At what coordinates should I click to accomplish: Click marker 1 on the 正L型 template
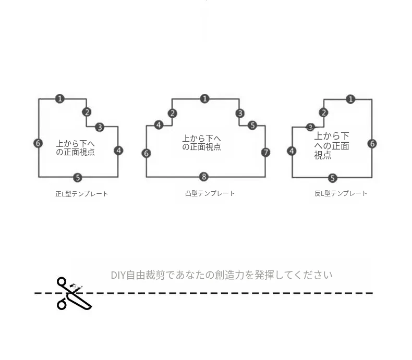coord(60,98)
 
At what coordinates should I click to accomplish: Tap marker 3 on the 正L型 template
coord(100,127)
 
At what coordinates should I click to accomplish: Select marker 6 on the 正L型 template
coord(38,143)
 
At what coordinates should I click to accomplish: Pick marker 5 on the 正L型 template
coord(78,178)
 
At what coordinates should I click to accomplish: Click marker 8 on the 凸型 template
coord(204,177)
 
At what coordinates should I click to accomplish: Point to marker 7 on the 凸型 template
coord(265,152)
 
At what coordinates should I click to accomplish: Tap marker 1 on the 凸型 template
coord(204,98)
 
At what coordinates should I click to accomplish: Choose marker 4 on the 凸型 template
coord(159,125)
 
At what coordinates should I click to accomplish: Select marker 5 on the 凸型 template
coord(252,125)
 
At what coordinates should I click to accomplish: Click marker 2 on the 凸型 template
coord(173,114)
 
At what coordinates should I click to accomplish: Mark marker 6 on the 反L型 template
coord(372,143)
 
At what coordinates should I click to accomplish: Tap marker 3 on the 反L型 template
coord(311,127)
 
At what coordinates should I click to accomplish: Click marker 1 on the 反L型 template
coord(350,99)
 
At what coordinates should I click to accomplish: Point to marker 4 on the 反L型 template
coord(292,151)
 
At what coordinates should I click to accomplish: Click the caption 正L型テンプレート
coord(82,194)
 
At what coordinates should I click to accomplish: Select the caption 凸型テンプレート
coord(210,193)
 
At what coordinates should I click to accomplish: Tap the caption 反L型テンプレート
coord(341,193)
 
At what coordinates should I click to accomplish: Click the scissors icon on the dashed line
coord(74,293)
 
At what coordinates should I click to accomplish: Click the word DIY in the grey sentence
coord(118,275)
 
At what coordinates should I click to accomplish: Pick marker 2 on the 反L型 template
coord(323,113)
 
